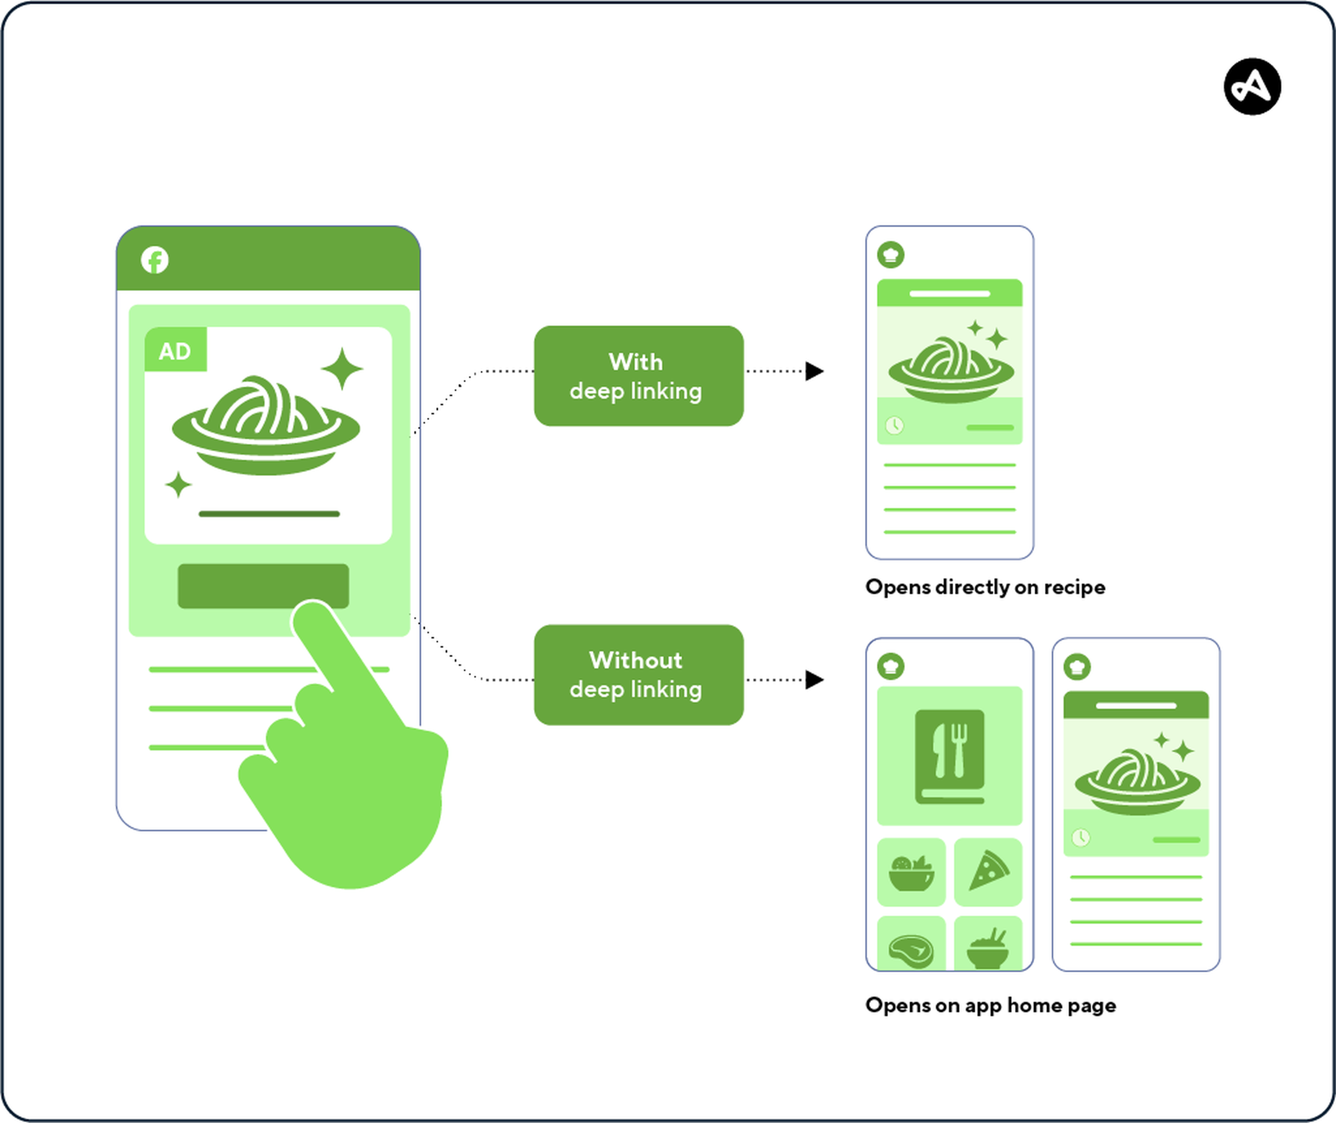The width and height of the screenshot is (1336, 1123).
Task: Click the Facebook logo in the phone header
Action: tap(155, 260)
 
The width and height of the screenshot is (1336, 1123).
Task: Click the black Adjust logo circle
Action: tap(1252, 87)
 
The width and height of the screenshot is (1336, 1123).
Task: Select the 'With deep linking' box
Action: tap(638, 376)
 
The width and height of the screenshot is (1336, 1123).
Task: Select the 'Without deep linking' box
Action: tap(638, 674)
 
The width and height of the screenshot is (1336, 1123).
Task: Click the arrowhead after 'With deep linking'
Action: tap(815, 371)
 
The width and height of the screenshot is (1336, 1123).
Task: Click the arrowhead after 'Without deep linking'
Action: tap(815, 680)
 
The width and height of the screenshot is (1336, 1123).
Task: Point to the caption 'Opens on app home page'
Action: tap(990, 1005)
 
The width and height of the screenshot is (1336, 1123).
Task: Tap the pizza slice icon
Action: tap(988, 872)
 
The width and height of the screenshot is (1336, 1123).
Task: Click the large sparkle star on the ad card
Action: tap(342, 369)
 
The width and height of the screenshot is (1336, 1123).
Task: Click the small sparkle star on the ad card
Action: tap(178, 485)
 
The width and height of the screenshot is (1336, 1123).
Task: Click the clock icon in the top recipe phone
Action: tap(894, 425)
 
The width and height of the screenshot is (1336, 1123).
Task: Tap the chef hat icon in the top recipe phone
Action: tap(890, 255)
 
